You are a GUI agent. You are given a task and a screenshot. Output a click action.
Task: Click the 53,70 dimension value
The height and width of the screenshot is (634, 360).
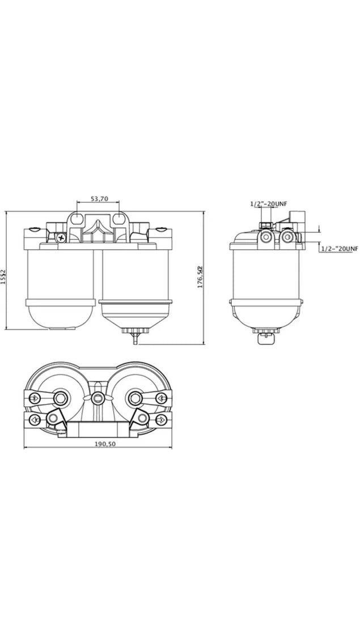99,199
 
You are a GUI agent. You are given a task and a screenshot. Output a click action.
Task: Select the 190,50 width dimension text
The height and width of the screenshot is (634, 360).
105,444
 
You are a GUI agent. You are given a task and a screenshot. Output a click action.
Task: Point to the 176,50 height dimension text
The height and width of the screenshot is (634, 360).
200,277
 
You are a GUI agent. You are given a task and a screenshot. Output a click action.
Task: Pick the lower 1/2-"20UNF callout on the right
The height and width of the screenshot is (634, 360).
340,249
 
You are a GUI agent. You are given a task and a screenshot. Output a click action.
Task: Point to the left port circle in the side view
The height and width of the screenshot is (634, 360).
265,236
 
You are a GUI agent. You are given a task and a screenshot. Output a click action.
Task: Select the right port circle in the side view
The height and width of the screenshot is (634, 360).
288,236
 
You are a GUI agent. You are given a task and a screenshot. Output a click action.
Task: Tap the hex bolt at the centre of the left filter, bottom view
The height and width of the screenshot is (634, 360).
60,396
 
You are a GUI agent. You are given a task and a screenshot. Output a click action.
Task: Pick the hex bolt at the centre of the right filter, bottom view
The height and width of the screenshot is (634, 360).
136,396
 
